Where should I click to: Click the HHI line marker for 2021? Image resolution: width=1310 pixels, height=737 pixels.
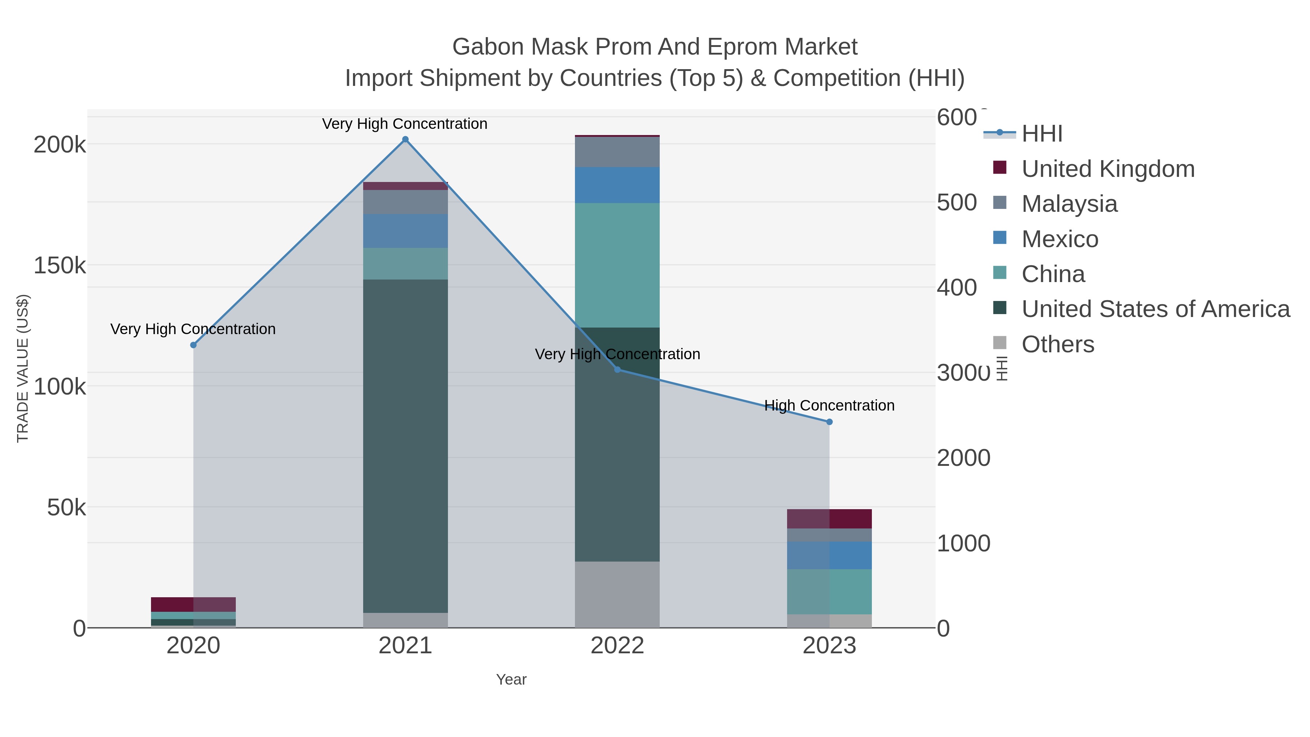[x=405, y=139]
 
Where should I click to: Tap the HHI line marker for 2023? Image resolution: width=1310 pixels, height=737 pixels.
[x=829, y=422]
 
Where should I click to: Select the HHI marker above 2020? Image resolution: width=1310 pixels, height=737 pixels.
[x=193, y=345]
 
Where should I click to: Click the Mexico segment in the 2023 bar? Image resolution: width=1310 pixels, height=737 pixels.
[x=829, y=555]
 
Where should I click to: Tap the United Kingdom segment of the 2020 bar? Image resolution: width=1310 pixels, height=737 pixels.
[x=193, y=604]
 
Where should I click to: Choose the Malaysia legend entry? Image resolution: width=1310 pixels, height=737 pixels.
[x=1069, y=204]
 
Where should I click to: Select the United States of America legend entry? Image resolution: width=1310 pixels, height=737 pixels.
[x=1155, y=309]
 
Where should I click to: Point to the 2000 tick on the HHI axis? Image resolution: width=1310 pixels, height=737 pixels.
[x=963, y=458]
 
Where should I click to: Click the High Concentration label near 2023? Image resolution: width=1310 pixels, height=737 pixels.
[x=829, y=405]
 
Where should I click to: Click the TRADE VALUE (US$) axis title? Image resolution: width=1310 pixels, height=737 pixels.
[x=23, y=368]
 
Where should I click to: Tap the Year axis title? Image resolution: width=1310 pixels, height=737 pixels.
[x=511, y=679]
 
